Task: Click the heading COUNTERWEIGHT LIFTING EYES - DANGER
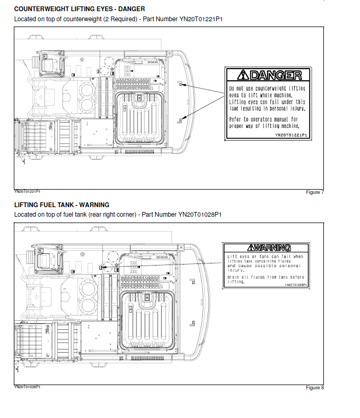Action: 80,9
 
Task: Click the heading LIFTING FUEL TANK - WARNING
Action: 62,204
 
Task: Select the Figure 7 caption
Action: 315,192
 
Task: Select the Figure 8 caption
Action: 315,388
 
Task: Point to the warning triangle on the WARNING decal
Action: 252,248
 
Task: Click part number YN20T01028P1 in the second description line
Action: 200,215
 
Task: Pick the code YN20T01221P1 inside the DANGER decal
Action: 291,135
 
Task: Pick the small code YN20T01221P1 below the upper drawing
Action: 27,191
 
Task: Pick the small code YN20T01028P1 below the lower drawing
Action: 27,386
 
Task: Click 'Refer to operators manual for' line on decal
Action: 263,120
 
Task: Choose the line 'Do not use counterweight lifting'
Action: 267,88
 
